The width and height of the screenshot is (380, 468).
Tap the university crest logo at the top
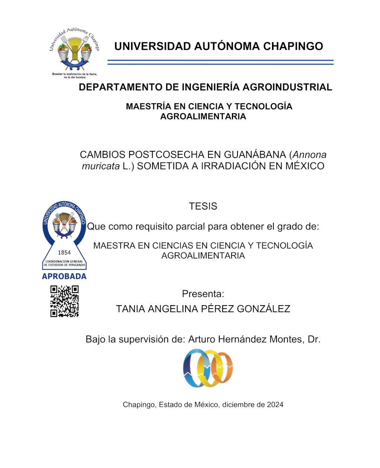[x=75, y=52]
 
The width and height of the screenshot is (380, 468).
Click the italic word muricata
[x=101, y=166]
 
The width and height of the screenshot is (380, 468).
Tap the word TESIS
[x=203, y=206]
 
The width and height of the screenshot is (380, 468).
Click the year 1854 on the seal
[x=64, y=253]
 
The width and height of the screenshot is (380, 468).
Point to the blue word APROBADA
[x=64, y=276]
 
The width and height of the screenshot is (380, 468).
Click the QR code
[x=65, y=301]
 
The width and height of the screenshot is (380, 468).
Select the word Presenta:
[x=203, y=294]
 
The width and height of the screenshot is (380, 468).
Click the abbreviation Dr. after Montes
[x=314, y=339]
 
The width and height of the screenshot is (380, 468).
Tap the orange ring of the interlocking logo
[x=223, y=368]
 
